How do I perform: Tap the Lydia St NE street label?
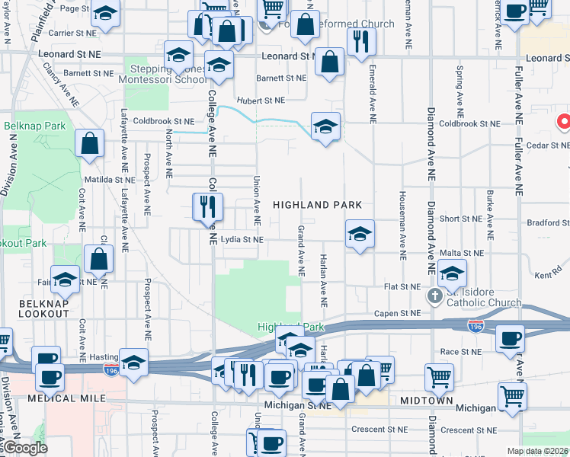[242, 239]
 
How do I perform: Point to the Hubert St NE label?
[261, 100]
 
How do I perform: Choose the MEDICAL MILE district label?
[62, 398]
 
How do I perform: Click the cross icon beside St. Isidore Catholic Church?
[434, 296]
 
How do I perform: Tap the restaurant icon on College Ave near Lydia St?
[207, 205]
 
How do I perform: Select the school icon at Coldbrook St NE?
[325, 126]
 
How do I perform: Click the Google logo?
[24, 448]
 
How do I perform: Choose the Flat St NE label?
[402, 287]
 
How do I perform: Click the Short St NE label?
[460, 219]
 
